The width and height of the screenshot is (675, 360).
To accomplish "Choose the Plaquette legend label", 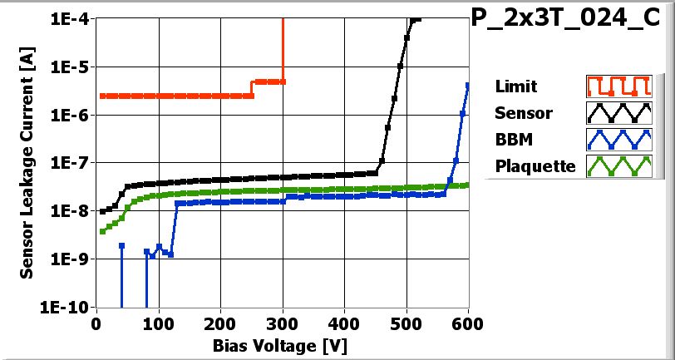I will click(x=535, y=165).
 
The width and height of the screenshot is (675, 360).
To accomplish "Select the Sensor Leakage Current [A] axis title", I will click(x=28, y=163).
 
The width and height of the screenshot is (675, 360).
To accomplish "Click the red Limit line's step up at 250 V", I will click(x=252, y=88).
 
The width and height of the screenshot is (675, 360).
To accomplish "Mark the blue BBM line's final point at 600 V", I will click(x=468, y=86).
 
